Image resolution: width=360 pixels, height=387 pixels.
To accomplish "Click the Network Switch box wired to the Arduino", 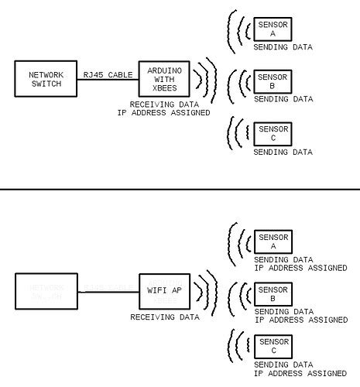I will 45,80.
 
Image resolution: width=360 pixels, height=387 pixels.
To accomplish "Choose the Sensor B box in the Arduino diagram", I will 273,81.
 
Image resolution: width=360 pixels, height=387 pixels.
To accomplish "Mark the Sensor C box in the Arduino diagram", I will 273,133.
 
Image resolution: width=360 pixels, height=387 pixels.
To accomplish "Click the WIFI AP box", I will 164,293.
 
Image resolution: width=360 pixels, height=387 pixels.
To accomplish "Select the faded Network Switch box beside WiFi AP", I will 45,292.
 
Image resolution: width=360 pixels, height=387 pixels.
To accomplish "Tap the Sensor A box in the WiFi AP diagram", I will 273,241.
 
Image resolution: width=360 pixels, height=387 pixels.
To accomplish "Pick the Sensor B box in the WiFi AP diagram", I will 273,294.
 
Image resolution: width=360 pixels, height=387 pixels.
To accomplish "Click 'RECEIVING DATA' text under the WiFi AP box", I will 164,317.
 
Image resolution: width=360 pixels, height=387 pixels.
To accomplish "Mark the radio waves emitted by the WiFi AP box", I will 202,293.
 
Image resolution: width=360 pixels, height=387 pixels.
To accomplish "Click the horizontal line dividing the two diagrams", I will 180,188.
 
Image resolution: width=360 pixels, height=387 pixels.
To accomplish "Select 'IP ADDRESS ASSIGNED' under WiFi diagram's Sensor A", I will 300,268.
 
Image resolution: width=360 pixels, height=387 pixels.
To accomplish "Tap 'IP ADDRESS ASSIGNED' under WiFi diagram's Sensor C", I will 300,373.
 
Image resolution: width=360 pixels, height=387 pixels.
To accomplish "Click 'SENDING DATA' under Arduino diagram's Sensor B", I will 283,99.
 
